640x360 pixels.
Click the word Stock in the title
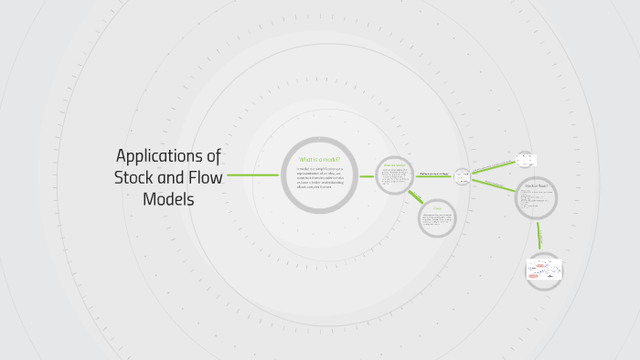pos(135,176)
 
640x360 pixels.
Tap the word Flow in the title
pos(204,176)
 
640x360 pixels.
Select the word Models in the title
pos(168,198)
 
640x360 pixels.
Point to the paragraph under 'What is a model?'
pos(319,180)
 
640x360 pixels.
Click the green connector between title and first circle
pos(252,175)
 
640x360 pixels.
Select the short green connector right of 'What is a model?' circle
pos(366,175)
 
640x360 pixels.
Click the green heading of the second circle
pos(394,165)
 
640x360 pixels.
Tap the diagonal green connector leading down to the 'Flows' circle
pos(415,197)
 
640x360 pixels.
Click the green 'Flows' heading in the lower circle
pos(437,207)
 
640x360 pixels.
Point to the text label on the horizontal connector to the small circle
pos(434,174)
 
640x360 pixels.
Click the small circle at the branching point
pos(462,175)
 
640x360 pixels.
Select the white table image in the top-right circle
pos(525,160)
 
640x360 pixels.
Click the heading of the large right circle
pos(536,185)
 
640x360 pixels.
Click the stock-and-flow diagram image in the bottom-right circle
pos(544,270)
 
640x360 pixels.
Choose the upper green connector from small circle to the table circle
pos(493,167)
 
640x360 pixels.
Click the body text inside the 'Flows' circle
pos(437,220)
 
